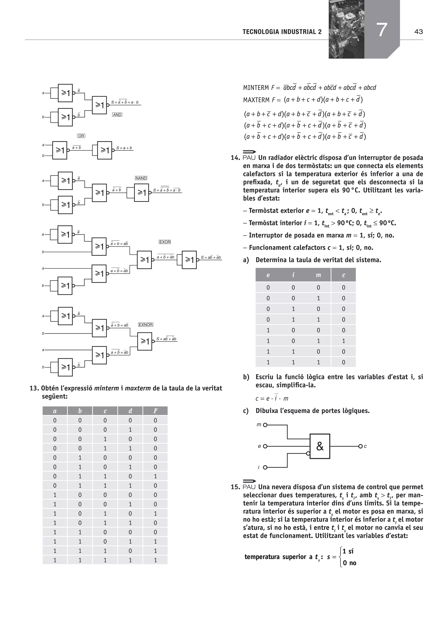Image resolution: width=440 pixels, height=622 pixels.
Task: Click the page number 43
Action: (x=418, y=32)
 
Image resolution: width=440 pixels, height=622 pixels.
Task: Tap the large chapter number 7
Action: (x=382, y=30)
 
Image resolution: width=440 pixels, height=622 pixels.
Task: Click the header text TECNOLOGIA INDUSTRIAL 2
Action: (x=282, y=32)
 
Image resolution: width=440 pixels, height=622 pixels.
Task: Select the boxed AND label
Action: (x=117, y=115)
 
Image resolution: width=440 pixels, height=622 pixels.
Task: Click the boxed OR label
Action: (x=81, y=136)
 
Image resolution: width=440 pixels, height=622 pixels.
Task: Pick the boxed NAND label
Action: (x=141, y=178)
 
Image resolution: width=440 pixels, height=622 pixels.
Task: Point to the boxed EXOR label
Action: (x=165, y=242)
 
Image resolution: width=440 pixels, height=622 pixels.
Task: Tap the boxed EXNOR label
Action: (x=145, y=325)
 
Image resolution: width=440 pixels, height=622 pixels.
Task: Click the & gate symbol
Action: (x=320, y=446)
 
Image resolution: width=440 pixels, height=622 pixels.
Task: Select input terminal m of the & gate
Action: (x=265, y=425)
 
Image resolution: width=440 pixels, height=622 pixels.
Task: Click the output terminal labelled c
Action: (x=361, y=446)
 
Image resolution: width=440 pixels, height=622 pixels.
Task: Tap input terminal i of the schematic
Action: (x=265, y=467)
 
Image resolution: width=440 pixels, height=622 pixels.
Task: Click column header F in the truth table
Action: (x=155, y=411)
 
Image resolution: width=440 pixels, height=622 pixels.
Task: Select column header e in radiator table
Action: (x=268, y=275)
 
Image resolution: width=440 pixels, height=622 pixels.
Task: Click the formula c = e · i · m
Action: (x=272, y=398)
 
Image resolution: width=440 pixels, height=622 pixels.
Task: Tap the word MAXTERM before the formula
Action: (x=256, y=100)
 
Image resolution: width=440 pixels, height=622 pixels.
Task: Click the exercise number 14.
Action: (x=235, y=158)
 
